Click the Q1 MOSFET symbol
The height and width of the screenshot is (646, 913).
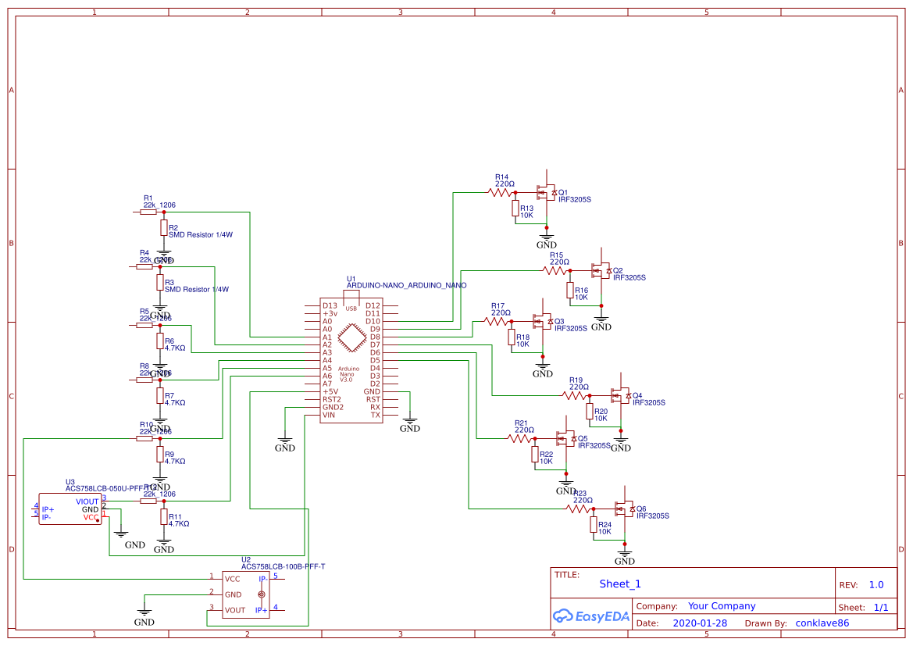click(544, 192)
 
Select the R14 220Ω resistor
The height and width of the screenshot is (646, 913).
click(500, 192)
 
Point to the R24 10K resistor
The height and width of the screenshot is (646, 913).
click(594, 524)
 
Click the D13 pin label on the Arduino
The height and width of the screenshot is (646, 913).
click(330, 305)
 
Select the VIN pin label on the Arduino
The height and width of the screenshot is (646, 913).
click(329, 415)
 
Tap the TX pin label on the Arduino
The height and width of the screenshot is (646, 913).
click(375, 415)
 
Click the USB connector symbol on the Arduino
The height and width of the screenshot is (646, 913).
click(351, 305)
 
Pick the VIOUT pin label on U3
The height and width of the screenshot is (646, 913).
click(87, 501)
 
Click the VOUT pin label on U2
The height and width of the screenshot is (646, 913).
click(234, 610)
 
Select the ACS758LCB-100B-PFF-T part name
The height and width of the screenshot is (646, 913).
click(283, 567)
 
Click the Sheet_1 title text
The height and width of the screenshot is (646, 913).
click(620, 584)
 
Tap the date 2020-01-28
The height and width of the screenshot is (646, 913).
click(699, 623)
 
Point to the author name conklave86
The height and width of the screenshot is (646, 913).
click(822, 623)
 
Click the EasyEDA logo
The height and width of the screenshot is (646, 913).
click(590, 616)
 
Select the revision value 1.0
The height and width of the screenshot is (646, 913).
click(876, 584)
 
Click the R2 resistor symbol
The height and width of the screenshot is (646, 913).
click(163, 227)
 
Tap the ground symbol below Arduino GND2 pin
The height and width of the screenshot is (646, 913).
click(285, 442)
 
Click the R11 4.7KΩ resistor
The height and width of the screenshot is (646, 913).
click(163, 516)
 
